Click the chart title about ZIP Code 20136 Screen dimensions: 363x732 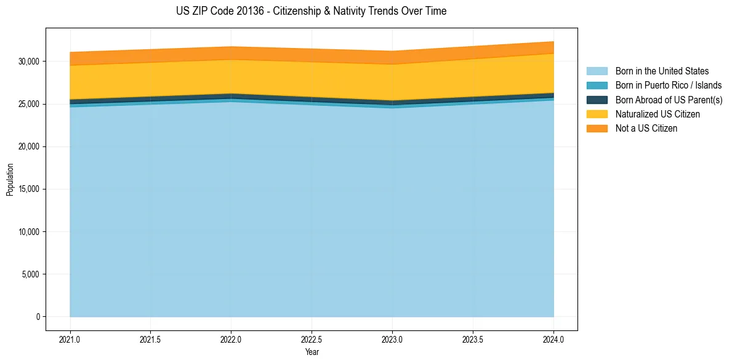[x=311, y=11]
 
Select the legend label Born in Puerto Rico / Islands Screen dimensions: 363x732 [x=669, y=86]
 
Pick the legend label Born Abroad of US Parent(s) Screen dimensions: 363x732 [x=669, y=100]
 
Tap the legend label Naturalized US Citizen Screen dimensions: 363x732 [x=658, y=114]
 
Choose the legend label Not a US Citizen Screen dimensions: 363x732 [x=646, y=129]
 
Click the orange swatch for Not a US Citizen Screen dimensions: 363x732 [x=597, y=129]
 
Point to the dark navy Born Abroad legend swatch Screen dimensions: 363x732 [x=597, y=100]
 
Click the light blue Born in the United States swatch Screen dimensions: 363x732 [x=597, y=71]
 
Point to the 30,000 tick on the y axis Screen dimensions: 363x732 [x=30, y=62]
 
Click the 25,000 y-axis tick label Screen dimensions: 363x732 [x=30, y=104]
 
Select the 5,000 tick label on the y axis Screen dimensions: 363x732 [x=31, y=274]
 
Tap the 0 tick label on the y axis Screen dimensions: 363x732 [x=38, y=317]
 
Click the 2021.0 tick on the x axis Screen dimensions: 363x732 [x=70, y=339]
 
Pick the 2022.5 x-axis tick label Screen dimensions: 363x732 [x=312, y=339]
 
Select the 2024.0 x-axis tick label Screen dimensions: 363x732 [x=553, y=339]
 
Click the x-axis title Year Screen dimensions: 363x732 [x=312, y=352]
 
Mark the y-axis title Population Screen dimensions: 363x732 [x=10, y=180]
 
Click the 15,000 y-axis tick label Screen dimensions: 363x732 [x=30, y=189]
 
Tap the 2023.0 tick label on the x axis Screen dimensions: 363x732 [x=392, y=339]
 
